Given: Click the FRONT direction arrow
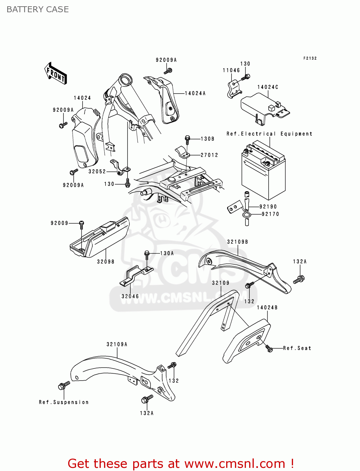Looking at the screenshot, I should [56, 73].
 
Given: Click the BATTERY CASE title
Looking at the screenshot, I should [38, 9].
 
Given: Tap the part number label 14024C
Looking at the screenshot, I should [268, 87].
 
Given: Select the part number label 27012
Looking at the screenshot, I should [209, 155].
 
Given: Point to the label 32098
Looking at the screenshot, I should [106, 262].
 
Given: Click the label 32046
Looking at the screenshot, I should [130, 296].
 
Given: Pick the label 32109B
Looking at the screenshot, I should [237, 241].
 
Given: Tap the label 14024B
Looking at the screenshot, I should [267, 307].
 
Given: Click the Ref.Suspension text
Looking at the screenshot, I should [64, 402].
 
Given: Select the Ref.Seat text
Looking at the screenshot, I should [297, 348].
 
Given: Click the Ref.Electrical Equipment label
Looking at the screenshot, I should [270, 134].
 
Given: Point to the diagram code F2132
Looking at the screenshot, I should [310, 58].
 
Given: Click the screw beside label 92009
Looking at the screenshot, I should [81, 224].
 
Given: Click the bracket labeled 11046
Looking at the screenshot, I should [233, 89].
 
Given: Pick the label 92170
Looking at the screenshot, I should [270, 214].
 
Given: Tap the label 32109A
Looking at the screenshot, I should [117, 344].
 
